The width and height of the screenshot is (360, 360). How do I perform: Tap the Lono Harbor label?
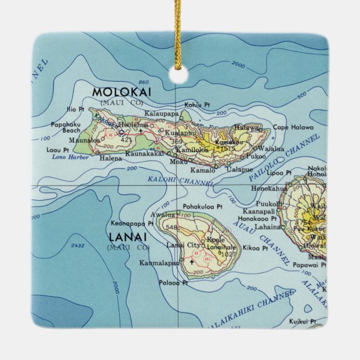(66, 157)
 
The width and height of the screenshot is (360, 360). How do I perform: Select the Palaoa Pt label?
(173, 283)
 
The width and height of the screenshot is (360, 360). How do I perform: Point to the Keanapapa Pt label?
(132, 222)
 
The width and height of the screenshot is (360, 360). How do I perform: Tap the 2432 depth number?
(78, 245)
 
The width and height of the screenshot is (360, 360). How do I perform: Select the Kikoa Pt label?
(258, 247)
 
